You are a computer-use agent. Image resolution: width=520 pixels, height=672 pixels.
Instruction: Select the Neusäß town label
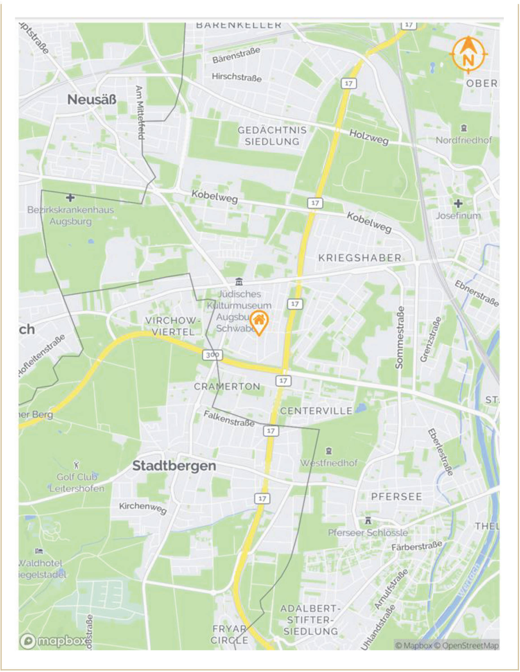pyautogui.click(x=92, y=100)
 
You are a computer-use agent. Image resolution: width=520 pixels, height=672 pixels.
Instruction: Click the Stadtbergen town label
pyautogui.click(x=174, y=466)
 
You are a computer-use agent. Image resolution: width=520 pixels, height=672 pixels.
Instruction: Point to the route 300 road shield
pyautogui.click(x=212, y=355)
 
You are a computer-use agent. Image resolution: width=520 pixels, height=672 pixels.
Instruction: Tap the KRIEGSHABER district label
pyautogui.click(x=360, y=258)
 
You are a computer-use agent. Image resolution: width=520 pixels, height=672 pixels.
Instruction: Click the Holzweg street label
pyautogui.click(x=369, y=137)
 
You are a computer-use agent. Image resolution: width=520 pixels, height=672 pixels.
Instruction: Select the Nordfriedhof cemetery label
pyautogui.click(x=464, y=140)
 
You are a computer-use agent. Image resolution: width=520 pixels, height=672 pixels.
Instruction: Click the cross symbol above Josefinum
pyautogui.click(x=458, y=203)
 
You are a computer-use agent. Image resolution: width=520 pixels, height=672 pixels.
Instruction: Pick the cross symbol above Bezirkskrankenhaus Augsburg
pyautogui.click(x=70, y=198)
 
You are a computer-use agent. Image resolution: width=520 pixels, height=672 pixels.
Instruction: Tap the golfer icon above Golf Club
pyautogui.click(x=77, y=464)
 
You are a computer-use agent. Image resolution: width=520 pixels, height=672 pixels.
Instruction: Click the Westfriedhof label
pyautogui.click(x=328, y=463)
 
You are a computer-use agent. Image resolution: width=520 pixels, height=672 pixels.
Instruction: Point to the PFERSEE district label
pyautogui.click(x=397, y=496)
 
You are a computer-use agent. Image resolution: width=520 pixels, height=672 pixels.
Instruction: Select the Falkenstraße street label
pyautogui.click(x=229, y=419)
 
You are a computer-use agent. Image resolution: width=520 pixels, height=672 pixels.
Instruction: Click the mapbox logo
pyautogui.click(x=52, y=641)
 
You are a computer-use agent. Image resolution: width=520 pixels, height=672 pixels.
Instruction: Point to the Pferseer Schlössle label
pyautogui.click(x=367, y=533)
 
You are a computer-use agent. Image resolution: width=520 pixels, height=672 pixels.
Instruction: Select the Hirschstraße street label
pyautogui.click(x=237, y=77)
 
